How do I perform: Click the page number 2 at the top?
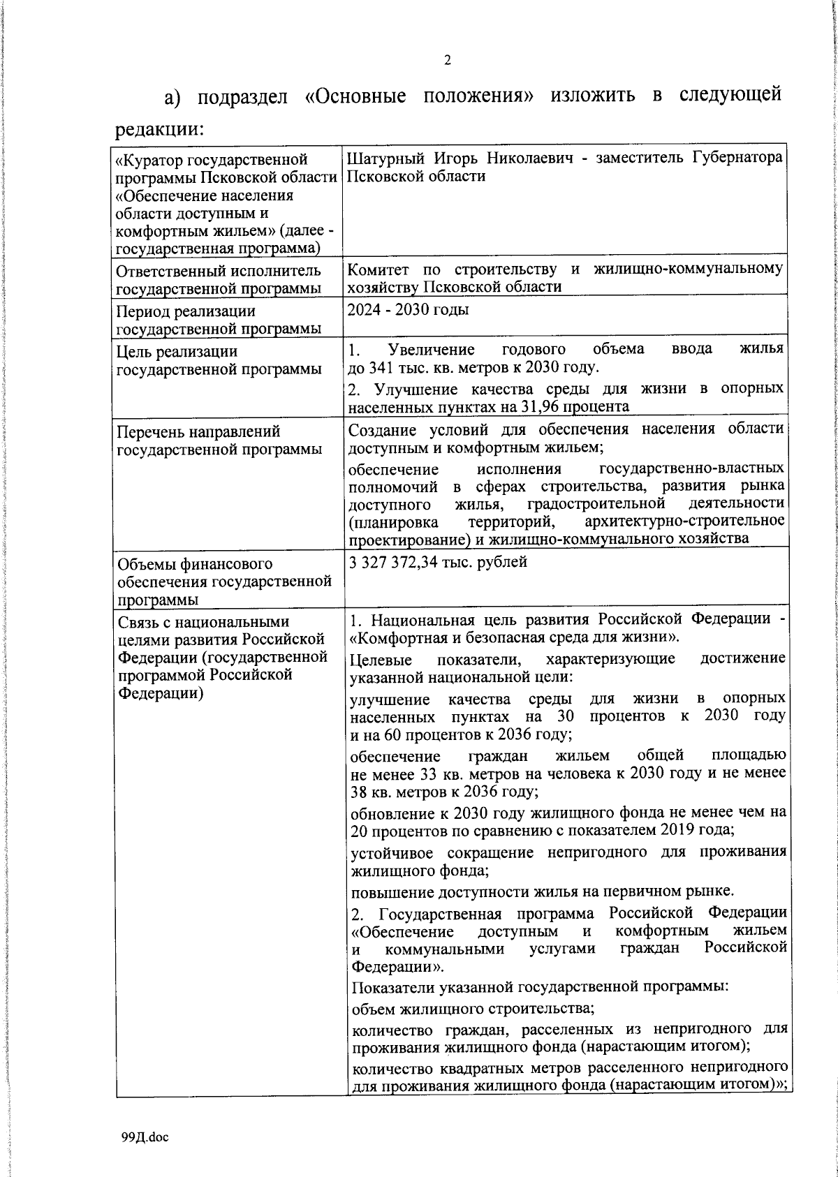(448, 60)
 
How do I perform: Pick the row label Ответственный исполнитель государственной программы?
(219, 279)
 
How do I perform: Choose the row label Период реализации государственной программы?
(219, 320)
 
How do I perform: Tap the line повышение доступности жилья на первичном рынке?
(543, 891)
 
